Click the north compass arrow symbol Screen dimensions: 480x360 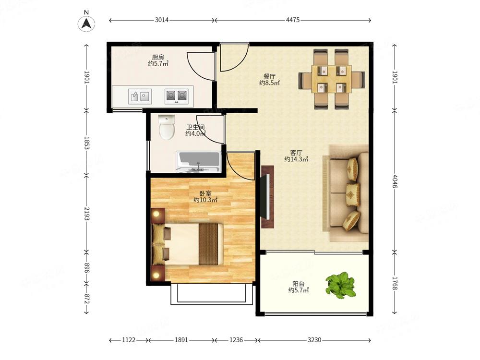coord(86,24)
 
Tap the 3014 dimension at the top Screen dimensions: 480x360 coord(162,20)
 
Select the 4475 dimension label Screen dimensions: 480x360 coord(293,20)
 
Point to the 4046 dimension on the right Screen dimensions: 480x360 coord(395,181)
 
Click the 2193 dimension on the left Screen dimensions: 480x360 coord(86,214)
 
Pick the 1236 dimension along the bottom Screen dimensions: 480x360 coord(236,340)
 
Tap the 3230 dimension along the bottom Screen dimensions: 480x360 coord(314,340)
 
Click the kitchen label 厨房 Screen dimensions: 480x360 coord(158,57)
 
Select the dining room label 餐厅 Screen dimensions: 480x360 coord(269,76)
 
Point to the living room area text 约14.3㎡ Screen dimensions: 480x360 coord(296,159)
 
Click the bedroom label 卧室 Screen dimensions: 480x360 coord(205,193)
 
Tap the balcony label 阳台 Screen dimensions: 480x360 coord(298,284)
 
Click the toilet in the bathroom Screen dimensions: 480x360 coord(167,127)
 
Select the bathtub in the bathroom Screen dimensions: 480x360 coord(198,162)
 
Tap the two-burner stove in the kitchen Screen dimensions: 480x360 coord(177,96)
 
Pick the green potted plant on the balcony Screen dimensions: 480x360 coord(340,285)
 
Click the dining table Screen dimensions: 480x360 coord(332,79)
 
